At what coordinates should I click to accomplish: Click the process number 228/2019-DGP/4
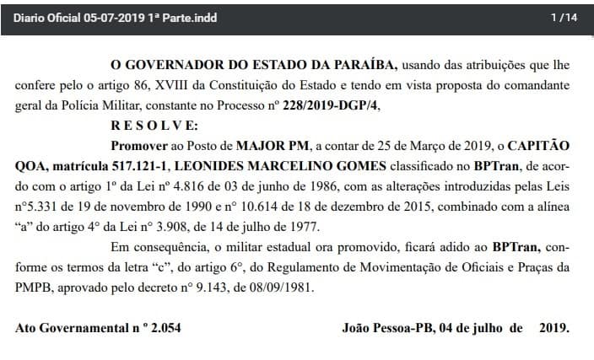332,104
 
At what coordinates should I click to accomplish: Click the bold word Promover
138,144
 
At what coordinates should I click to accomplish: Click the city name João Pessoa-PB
387,327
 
